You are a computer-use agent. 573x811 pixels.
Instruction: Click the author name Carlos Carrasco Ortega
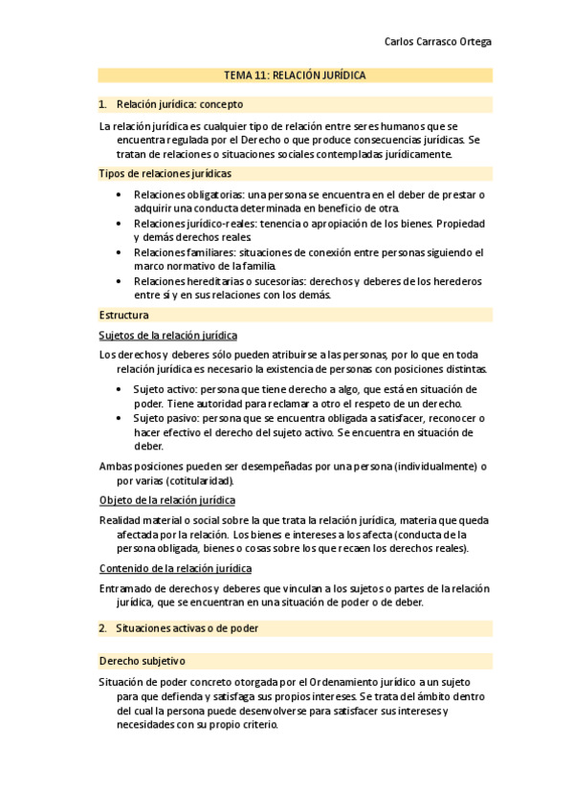coord(437,42)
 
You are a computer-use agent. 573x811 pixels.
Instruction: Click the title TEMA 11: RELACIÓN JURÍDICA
coord(295,75)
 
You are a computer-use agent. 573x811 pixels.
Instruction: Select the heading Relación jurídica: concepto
coord(179,104)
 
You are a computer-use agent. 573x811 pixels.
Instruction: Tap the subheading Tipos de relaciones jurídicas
coord(165,173)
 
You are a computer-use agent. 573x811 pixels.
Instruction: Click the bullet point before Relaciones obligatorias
coord(118,194)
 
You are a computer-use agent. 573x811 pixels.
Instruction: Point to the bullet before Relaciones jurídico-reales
coord(118,223)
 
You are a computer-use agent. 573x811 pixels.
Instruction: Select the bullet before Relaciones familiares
coord(118,252)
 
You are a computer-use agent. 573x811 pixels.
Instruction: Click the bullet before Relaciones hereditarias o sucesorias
coord(118,281)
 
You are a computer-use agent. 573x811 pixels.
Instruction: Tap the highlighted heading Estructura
coord(123,314)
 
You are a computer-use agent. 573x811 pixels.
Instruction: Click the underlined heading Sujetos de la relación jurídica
coord(168,335)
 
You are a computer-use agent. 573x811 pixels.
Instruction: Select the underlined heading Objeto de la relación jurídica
coord(167,500)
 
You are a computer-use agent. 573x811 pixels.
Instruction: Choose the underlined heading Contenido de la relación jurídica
coord(175,568)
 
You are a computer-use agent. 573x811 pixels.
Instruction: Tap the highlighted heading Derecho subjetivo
coord(142,661)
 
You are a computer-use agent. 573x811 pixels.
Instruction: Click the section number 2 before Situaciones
coord(101,628)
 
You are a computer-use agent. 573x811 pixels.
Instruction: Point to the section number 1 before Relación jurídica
coord(101,104)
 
